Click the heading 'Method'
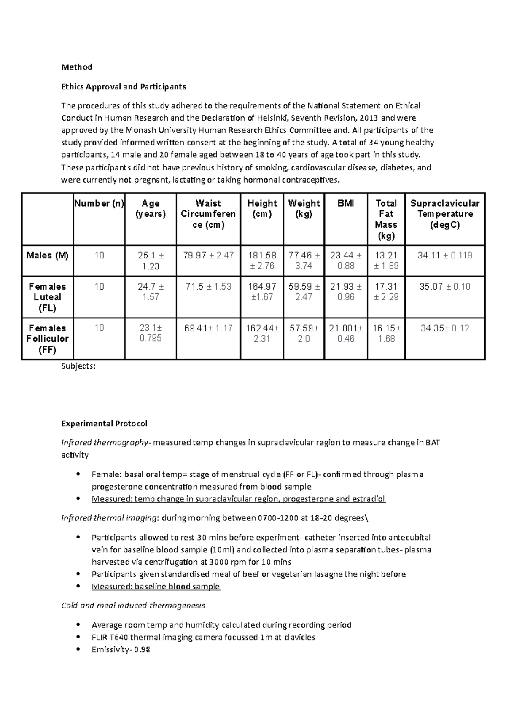click(x=76, y=67)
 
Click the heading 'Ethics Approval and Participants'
click(x=123, y=87)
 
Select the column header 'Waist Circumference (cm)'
click(x=208, y=214)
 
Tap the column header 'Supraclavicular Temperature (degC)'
click(x=445, y=214)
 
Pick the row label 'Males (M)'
click(x=47, y=256)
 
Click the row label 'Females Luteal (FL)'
click(x=47, y=297)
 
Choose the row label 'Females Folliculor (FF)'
click(x=47, y=339)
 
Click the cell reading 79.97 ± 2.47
click(x=208, y=256)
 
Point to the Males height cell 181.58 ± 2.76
click(x=262, y=261)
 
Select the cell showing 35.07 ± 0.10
click(x=445, y=287)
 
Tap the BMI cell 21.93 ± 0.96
click(x=346, y=292)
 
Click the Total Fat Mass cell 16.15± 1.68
click(x=386, y=333)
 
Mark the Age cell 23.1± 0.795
click(x=151, y=333)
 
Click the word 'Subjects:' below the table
click(x=78, y=366)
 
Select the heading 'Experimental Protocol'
click(x=104, y=423)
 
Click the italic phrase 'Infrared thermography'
click(x=104, y=443)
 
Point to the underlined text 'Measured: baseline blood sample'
click(x=156, y=587)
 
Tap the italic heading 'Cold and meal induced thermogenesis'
click(x=133, y=606)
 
